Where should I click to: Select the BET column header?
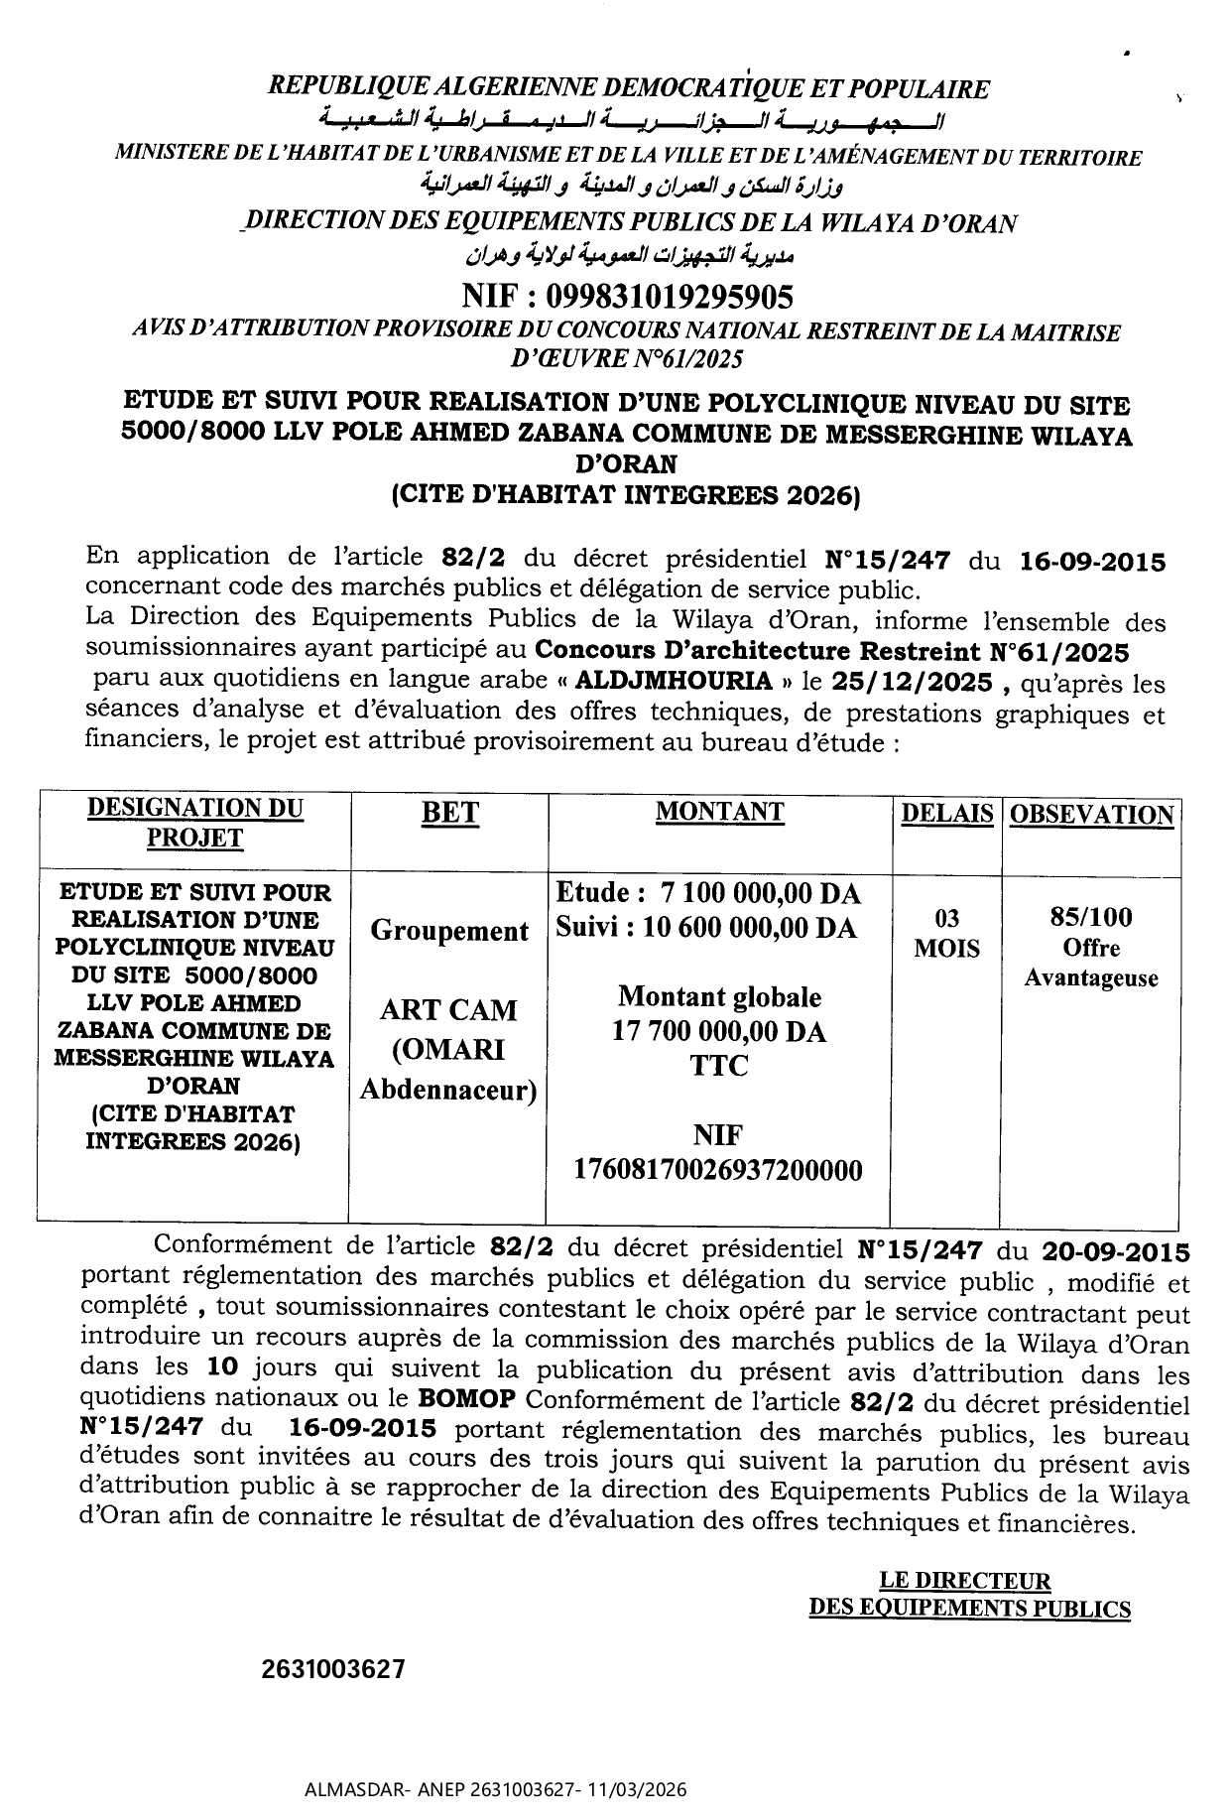pos(449,814)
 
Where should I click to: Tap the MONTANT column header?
pos(719,812)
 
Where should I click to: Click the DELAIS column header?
pos(946,814)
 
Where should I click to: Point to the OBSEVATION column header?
pos(1091,816)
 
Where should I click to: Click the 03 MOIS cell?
pos(946,933)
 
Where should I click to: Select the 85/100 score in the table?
pos(1091,917)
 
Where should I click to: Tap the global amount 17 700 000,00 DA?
pos(719,1031)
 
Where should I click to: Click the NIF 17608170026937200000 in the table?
pos(718,1170)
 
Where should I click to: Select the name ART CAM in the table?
pos(448,1010)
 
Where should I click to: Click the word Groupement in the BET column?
pos(448,931)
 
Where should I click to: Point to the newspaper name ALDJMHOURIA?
pos(674,682)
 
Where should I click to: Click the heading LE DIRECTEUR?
pos(964,1581)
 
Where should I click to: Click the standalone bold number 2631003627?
pos(333,1669)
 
